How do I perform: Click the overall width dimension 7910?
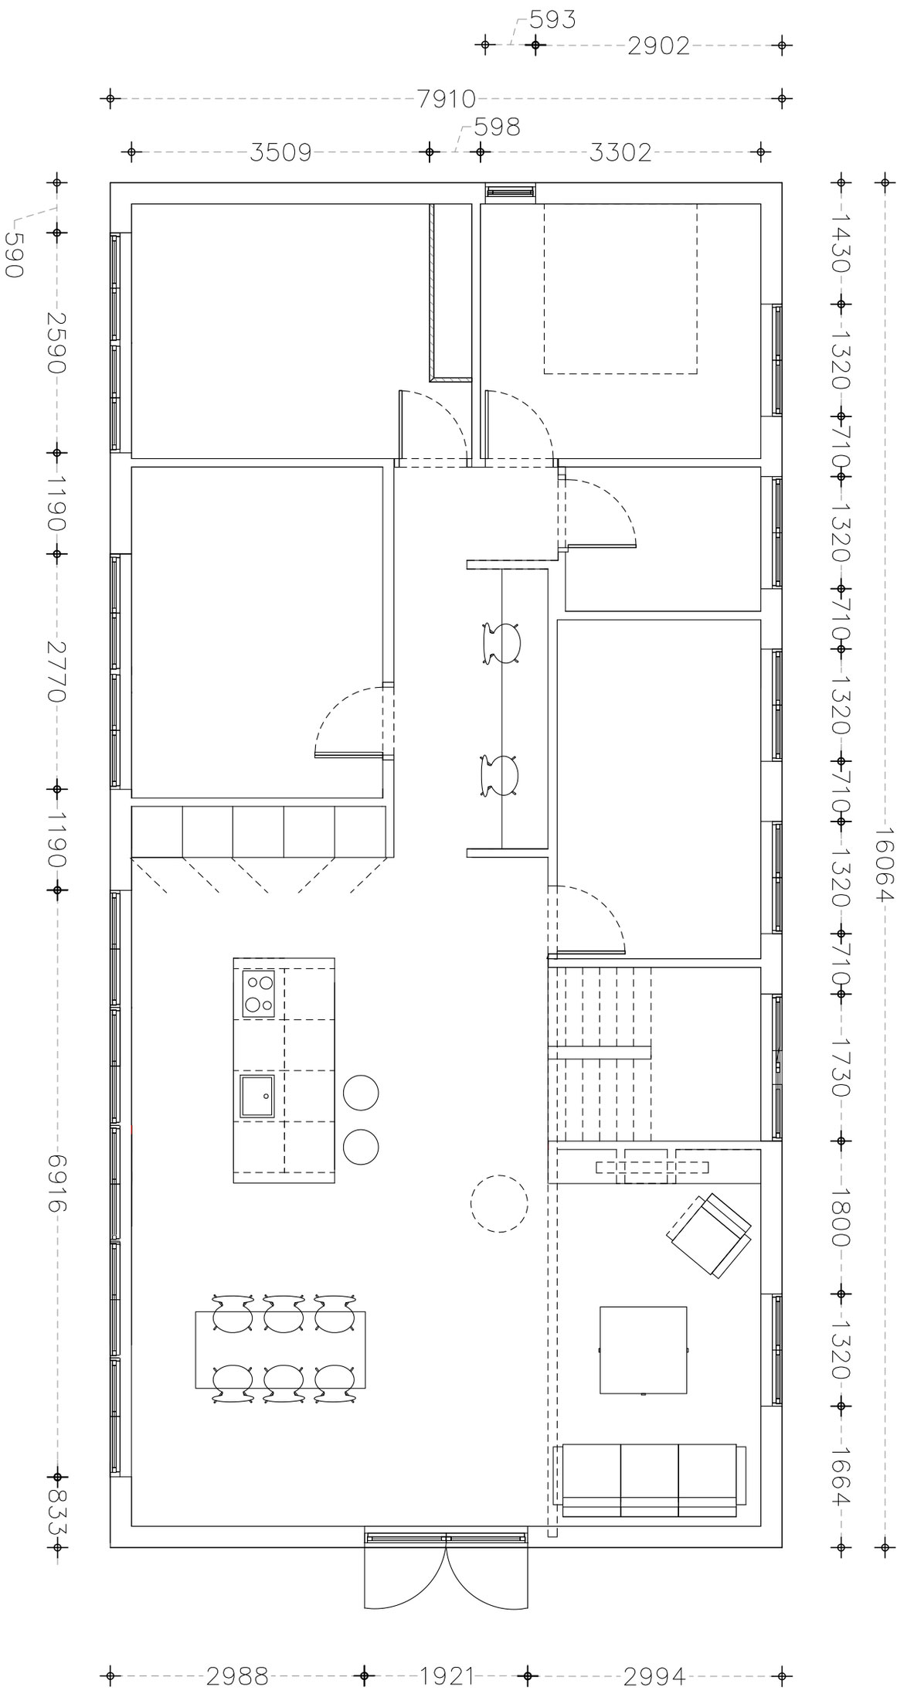(x=446, y=100)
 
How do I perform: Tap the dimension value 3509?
(x=280, y=152)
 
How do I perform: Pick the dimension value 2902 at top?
(x=658, y=46)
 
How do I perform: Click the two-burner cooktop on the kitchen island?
(x=259, y=994)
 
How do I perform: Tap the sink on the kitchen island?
(x=257, y=1096)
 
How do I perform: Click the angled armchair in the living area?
(x=709, y=1234)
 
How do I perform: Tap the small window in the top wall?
(x=510, y=191)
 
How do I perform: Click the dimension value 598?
(x=497, y=127)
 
